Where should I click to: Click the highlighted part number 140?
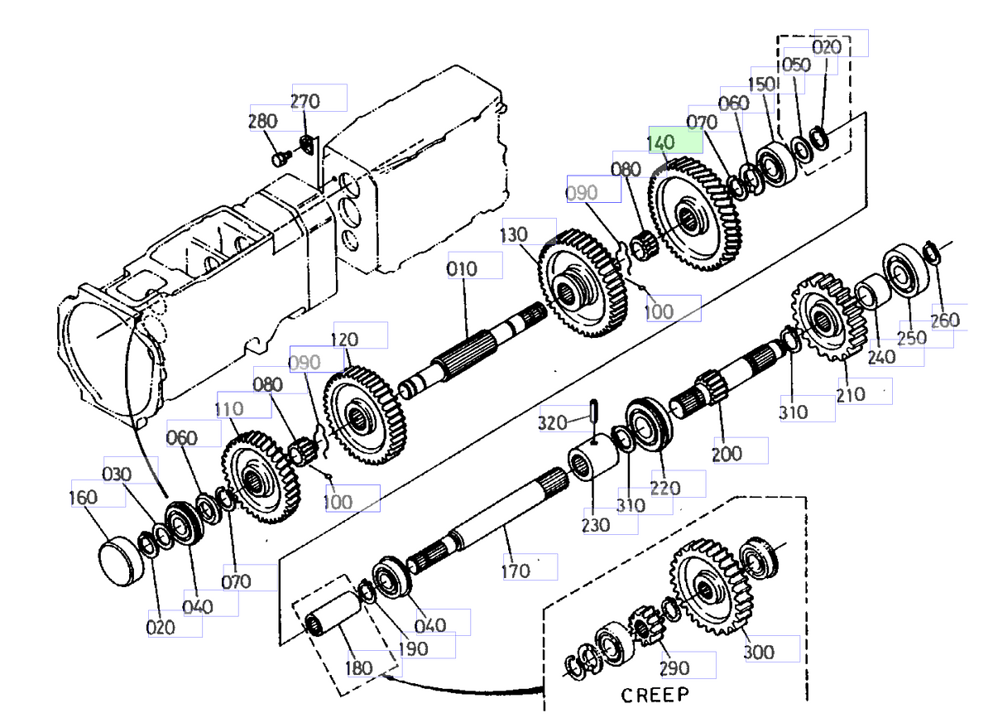click(x=662, y=142)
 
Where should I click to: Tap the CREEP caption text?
click(x=655, y=694)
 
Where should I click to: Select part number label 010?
click(x=462, y=269)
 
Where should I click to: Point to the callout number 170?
click(x=516, y=571)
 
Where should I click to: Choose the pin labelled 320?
click(x=595, y=409)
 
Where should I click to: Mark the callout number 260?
click(x=945, y=320)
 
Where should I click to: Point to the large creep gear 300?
click(x=709, y=586)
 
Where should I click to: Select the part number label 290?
click(x=674, y=668)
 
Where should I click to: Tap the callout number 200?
click(x=727, y=454)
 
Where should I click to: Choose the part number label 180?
click(x=358, y=667)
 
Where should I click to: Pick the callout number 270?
click(x=305, y=102)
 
